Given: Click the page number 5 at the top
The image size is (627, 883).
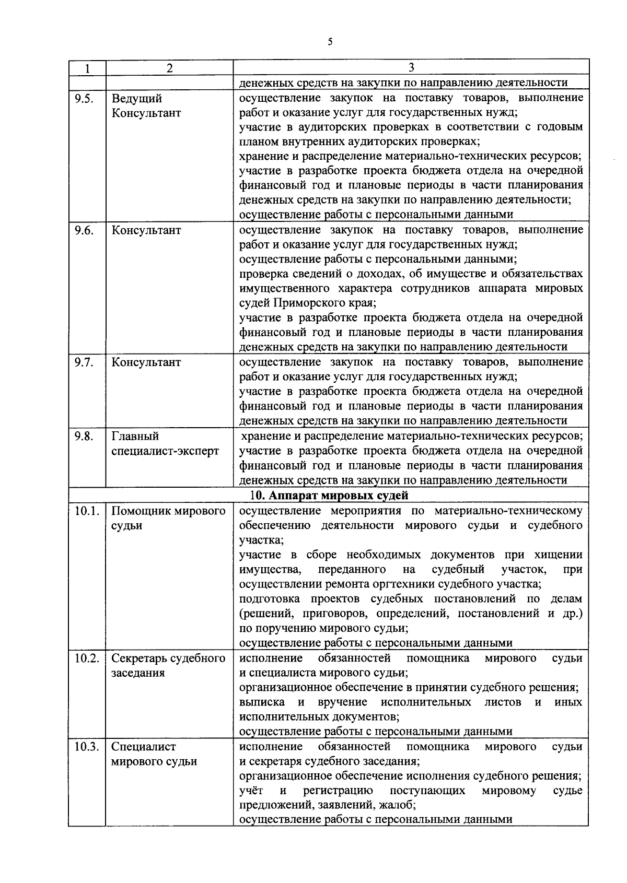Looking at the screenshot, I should (x=330, y=42).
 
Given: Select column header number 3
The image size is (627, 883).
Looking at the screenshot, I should (x=411, y=68).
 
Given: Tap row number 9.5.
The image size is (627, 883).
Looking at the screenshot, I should (x=84, y=99).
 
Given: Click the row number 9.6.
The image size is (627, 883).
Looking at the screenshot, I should (x=84, y=231).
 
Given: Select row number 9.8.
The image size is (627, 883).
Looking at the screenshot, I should (x=84, y=437).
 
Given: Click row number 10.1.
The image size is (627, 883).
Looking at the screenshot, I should (x=86, y=511).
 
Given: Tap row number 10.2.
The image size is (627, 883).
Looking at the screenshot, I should (x=86, y=658).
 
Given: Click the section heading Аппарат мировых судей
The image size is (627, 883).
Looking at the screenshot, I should (x=334, y=495).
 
